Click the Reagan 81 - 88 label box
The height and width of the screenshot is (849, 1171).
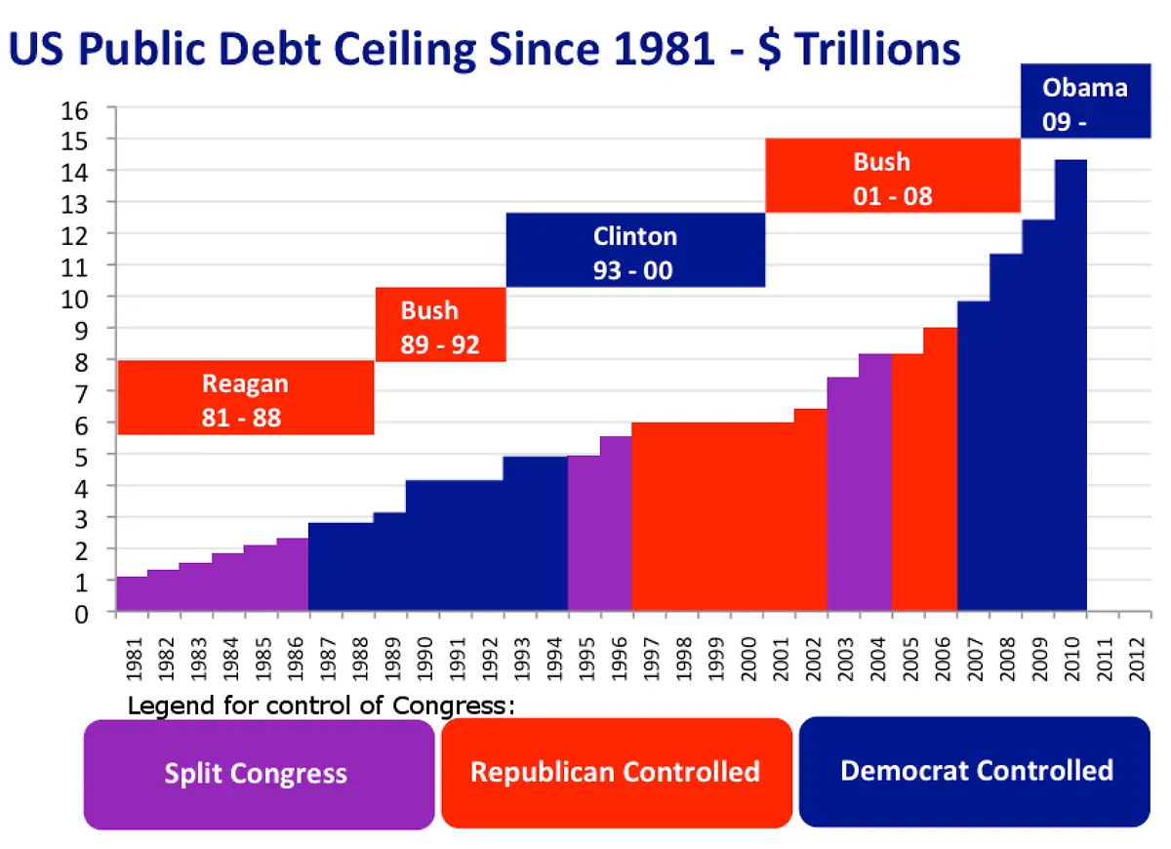(x=245, y=398)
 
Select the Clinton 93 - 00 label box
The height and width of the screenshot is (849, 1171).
(x=634, y=251)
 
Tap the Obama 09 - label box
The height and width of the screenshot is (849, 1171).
(x=1084, y=101)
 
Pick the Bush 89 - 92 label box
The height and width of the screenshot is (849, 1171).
(x=440, y=325)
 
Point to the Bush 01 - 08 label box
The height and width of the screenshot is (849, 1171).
(x=892, y=176)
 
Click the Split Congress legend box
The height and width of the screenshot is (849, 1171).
(x=259, y=774)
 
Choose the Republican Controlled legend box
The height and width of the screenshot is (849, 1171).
(x=616, y=772)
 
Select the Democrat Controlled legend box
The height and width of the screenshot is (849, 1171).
(x=975, y=771)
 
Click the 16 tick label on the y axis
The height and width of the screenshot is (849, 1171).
(x=75, y=109)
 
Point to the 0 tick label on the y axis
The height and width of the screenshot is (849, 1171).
(x=83, y=613)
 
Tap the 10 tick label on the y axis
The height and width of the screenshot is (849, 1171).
(x=75, y=298)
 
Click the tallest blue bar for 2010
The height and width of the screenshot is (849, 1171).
(x=1070, y=390)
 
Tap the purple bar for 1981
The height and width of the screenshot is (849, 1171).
(x=132, y=594)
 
